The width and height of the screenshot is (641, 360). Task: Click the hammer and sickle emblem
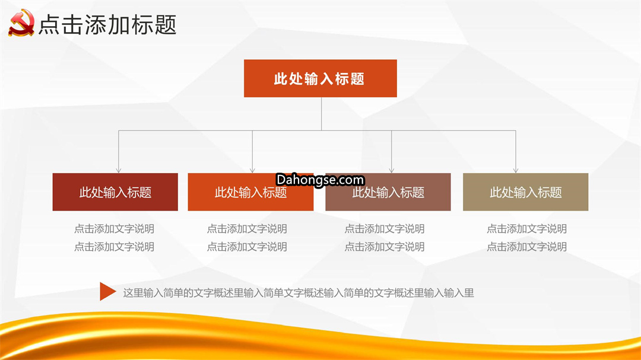(21, 23)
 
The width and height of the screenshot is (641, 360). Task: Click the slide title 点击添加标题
(107, 24)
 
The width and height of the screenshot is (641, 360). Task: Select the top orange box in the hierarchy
(320, 78)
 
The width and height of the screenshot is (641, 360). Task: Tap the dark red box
(115, 192)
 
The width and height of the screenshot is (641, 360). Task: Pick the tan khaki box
(525, 192)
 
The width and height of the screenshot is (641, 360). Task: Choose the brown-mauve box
(388, 192)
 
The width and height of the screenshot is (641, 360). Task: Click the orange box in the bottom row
(250, 192)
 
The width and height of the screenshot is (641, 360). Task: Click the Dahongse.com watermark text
(320, 180)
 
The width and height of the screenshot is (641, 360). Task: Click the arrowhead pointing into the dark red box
(119, 170)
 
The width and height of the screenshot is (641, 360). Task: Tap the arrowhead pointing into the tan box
(516, 170)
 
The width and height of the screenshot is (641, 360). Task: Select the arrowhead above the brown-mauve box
(392, 170)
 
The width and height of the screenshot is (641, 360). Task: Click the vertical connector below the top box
(321, 114)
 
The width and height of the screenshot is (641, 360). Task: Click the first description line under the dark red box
(114, 229)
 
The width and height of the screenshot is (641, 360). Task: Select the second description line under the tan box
(526, 247)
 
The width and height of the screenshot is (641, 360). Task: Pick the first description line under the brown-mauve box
(384, 229)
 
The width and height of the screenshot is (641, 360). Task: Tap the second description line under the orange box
(247, 247)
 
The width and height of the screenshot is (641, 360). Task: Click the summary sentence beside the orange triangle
(299, 293)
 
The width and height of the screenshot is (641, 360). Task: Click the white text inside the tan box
(526, 192)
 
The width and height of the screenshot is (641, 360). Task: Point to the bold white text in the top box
(319, 79)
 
